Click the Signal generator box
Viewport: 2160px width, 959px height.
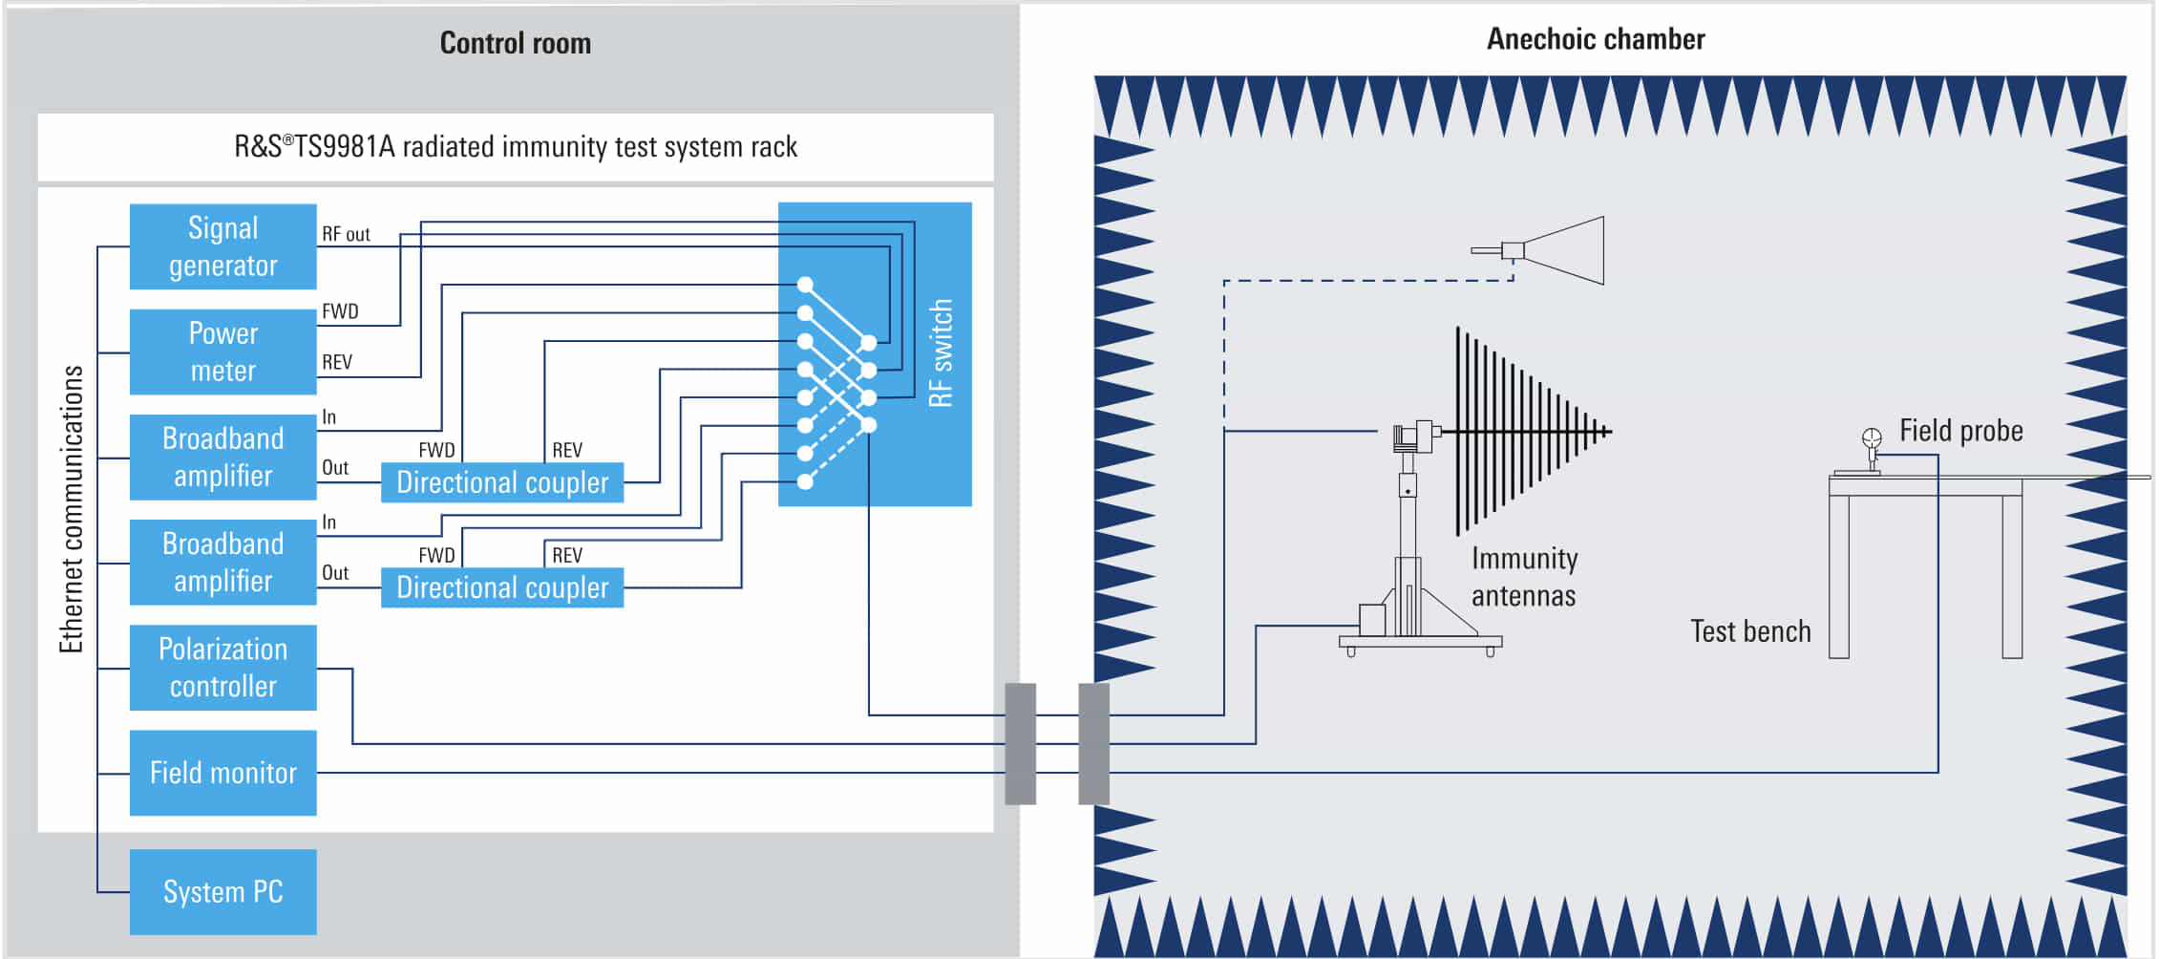pyautogui.click(x=222, y=246)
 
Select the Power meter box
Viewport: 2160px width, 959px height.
pyautogui.click(x=222, y=352)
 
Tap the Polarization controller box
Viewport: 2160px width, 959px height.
pyautogui.click(x=222, y=668)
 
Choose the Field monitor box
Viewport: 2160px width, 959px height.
pyautogui.click(x=222, y=773)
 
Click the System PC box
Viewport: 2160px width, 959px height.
pyautogui.click(x=222, y=891)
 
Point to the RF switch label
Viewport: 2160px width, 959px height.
pyautogui.click(x=942, y=353)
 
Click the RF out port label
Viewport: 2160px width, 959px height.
pyautogui.click(x=346, y=234)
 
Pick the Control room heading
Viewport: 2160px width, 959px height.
pyautogui.click(x=515, y=43)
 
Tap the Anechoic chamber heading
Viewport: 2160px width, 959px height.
pyautogui.click(x=1595, y=39)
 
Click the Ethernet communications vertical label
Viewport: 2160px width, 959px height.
pyautogui.click(x=72, y=509)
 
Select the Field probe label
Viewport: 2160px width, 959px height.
pyautogui.click(x=1960, y=431)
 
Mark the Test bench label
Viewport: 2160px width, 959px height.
pyautogui.click(x=1749, y=631)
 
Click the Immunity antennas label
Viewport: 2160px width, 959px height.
pyautogui.click(x=1524, y=577)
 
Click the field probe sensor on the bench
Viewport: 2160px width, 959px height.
pyautogui.click(x=1872, y=438)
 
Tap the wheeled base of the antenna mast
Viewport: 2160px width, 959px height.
pyautogui.click(x=1420, y=643)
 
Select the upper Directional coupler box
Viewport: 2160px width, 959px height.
pyautogui.click(x=502, y=482)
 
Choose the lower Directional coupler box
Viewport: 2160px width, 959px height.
pyautogui.click(x=502, y=587)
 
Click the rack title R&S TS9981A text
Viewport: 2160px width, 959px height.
pyautogui.click(x=516, y=147)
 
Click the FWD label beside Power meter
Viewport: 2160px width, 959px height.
pyautogui.click(x=340, y=311)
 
